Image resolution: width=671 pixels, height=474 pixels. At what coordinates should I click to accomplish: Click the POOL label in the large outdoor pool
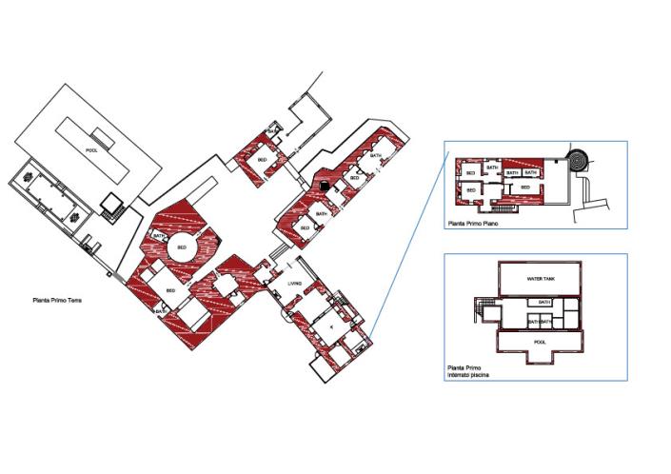point(92,150)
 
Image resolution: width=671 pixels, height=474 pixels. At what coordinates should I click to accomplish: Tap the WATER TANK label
point(540,279)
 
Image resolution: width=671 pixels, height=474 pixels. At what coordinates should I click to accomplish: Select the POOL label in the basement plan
point(540,340)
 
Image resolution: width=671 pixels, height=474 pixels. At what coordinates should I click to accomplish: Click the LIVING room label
point(295,284)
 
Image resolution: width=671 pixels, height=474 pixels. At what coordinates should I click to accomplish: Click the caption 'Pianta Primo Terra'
point(55,300)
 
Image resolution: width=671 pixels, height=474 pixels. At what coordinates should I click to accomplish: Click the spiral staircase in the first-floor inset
point(577,157)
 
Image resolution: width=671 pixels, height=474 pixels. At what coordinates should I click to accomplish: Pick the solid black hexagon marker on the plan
point(326,186)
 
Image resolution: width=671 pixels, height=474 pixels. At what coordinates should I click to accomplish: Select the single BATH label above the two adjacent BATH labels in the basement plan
point(544,303)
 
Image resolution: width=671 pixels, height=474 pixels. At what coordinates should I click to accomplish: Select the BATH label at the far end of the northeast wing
point(376,155)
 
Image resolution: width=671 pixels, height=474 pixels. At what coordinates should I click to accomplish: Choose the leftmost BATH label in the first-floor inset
point(492,168)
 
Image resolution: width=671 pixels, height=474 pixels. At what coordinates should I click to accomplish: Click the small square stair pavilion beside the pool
point(112,202)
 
